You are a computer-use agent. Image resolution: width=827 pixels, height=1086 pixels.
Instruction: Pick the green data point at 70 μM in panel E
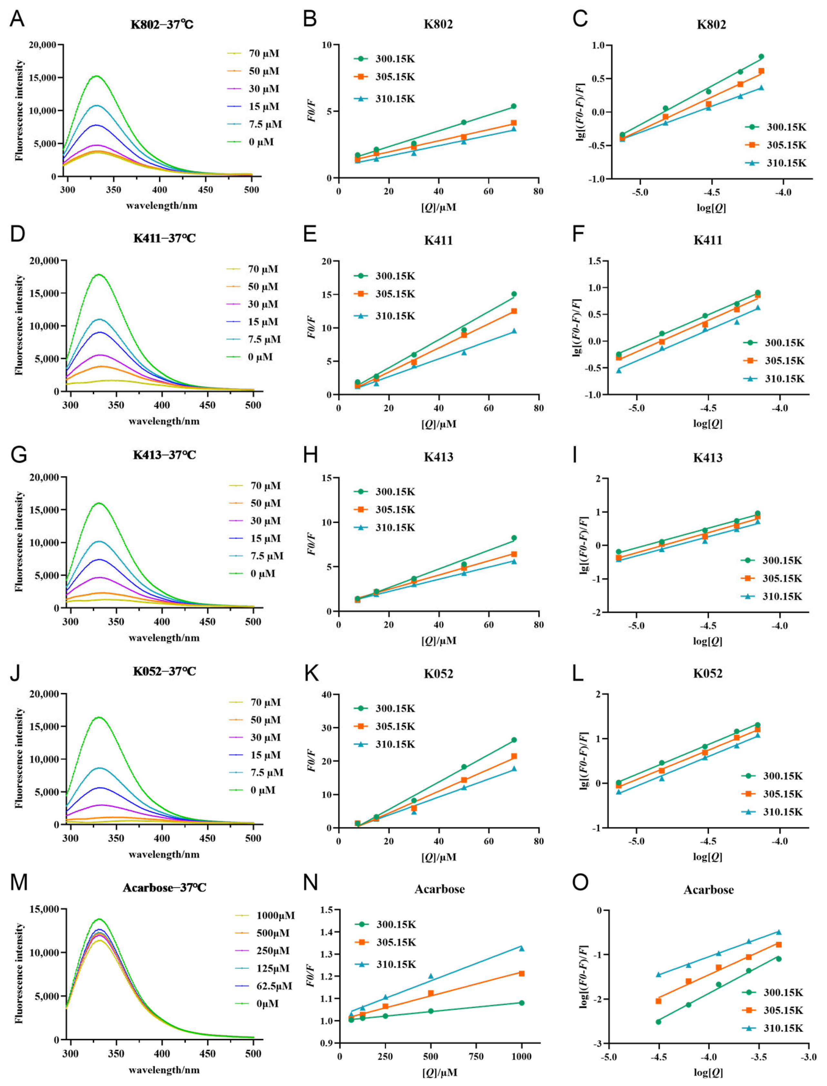pos(514,294)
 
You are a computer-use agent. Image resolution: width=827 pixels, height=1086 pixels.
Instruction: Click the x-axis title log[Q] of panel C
pos(711,207)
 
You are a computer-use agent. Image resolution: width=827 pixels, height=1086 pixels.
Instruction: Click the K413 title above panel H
pos(439,457)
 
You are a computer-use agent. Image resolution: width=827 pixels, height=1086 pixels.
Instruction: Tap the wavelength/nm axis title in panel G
pos(164,638)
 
